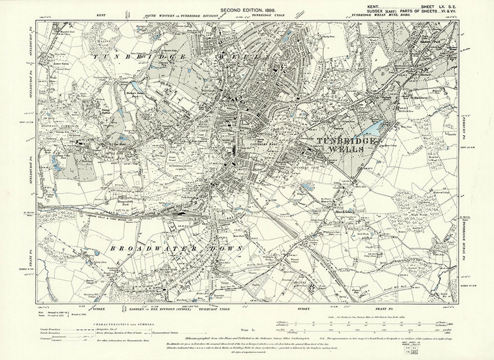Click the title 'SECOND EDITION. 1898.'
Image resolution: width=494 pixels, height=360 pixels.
click(x=247, y=10)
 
